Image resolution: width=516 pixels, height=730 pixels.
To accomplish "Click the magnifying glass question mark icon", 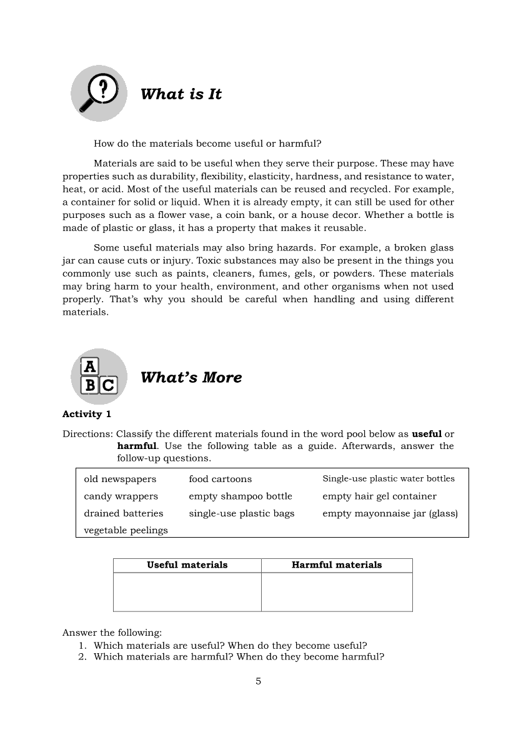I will pos(99,94).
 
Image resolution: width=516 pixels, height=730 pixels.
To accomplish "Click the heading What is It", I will pos(181,94).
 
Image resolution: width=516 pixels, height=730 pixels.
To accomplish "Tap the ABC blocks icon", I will pos(99,377).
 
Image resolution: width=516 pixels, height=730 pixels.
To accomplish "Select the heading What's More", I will pos(191,378).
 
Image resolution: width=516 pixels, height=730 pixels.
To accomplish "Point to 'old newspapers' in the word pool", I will pos(120,479).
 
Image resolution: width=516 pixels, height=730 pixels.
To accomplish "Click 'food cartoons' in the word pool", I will pos(220,479).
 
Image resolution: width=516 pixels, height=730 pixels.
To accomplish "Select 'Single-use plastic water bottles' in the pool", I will pos(388,479).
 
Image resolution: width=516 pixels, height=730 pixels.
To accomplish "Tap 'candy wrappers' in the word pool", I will pos(121,496).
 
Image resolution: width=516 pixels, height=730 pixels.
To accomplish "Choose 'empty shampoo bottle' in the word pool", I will pos(240,496).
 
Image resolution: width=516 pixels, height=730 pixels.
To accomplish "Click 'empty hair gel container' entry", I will pos(379,496).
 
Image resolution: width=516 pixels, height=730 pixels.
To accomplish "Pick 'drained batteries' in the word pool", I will pos(123,513).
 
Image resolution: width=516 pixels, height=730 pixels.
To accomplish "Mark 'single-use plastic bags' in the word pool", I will pos(241,513).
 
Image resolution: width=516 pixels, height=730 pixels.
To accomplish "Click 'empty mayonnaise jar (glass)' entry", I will pos(390,514).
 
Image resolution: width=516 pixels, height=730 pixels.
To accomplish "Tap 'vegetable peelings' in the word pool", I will pos(126,530).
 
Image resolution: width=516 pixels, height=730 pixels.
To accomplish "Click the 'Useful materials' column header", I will pos(187,565).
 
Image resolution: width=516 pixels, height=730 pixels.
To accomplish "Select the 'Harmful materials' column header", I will pos(337,565).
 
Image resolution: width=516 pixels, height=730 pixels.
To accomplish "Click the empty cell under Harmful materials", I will pos(337,591).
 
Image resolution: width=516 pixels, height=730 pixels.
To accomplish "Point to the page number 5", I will pos(258,681).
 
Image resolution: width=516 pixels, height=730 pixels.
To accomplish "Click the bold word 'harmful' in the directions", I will pos(136,446).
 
